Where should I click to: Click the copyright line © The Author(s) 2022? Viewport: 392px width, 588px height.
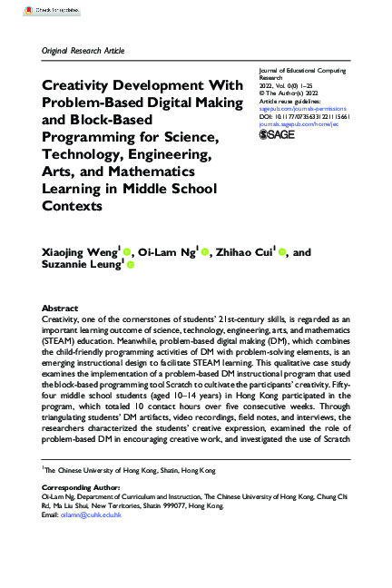click(x=289, y=92)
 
